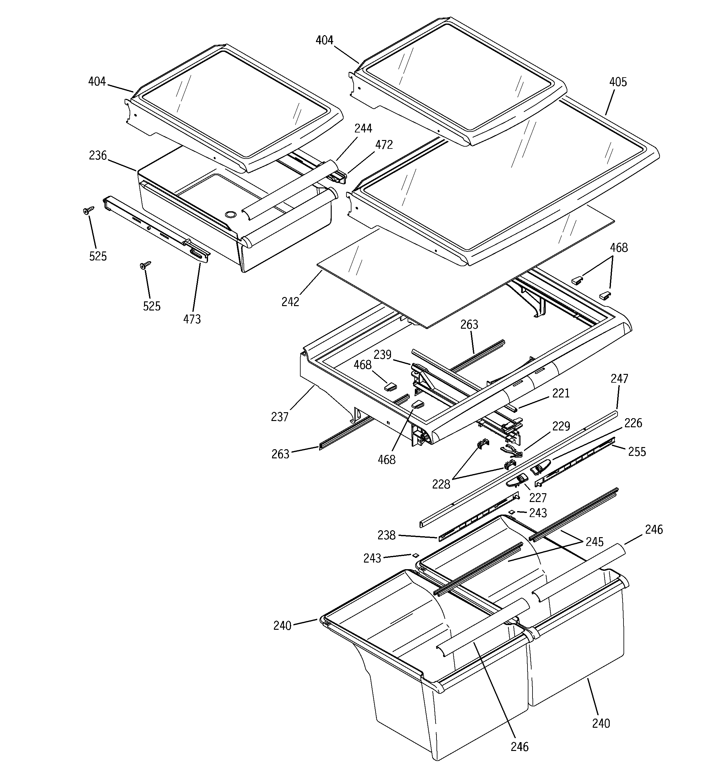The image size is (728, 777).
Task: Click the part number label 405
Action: point(618,82)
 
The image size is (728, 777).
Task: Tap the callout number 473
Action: point(192,319)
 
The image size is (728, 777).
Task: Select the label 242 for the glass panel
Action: point(290,302)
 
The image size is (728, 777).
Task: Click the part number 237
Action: point(280,417)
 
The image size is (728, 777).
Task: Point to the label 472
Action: point(384,145)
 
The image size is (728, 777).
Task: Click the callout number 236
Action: point(98,155)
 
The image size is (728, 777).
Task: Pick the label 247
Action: point(619,378)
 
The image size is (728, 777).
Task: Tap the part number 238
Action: point(387,535)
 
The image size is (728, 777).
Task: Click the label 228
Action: point(441,484)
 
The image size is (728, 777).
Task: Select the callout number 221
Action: point(561,393)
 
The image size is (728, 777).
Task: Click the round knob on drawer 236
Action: point(231,214)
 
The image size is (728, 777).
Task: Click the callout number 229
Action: point(561,426)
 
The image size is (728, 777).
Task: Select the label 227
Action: point(538,498)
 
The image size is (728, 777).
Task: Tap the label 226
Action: point(633,423)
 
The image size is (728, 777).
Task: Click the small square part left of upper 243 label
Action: point(511,512)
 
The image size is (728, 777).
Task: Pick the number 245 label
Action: point(594,542)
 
